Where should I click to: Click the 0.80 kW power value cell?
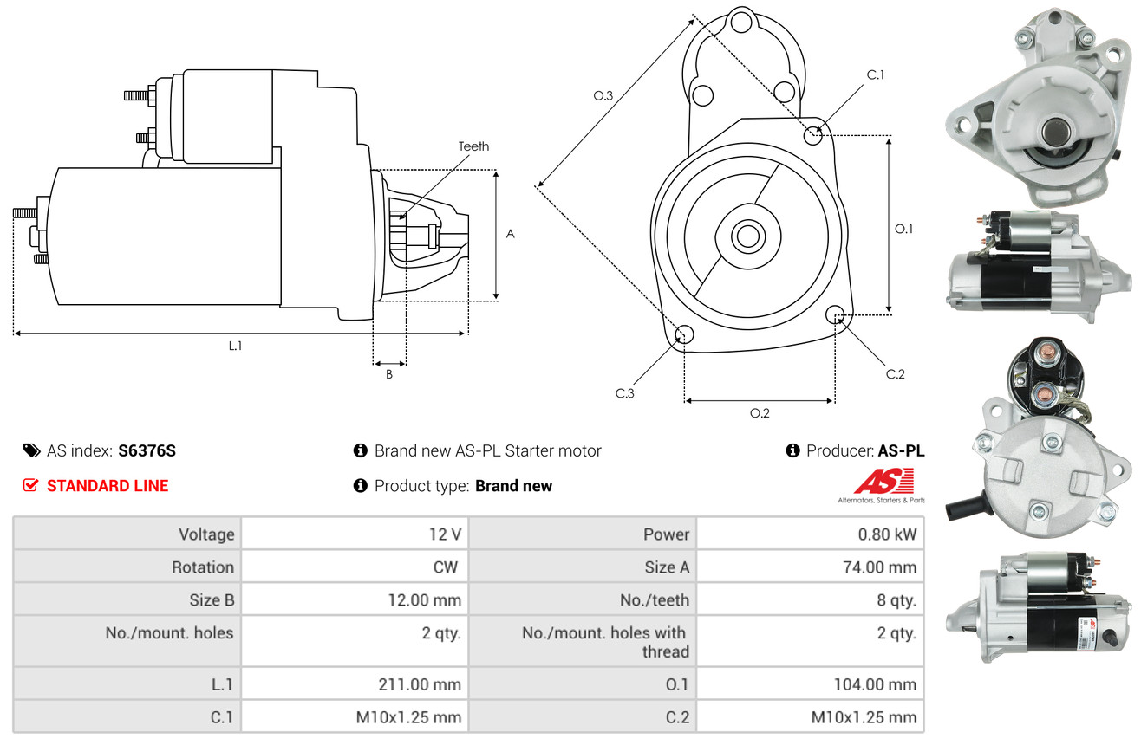tap(887, 534)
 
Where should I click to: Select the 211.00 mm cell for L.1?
tap(420, 684)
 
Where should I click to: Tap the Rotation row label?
tap(203, 567)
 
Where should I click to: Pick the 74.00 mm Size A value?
tap(880, 567)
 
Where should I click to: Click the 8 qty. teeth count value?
tap(896, 600)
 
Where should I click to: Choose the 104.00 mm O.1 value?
tap(875, 684)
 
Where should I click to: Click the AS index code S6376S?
tap(147, 450)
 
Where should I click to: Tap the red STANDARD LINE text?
tap(108, 486)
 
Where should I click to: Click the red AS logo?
tap(883, 482)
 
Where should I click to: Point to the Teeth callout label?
tap(473, 146)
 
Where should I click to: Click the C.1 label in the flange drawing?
tap(876, 74)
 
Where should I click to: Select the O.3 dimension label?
tap(603, 95)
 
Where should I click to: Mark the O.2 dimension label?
tap(760, 413)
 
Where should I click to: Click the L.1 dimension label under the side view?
tap(235, 346)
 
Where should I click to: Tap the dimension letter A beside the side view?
tap(510, 234)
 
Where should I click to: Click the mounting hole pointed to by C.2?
tap(835, 315)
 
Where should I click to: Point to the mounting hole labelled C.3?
tap(684, 334)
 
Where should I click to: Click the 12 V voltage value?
tap(445, 534)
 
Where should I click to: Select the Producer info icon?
tap(792, 450)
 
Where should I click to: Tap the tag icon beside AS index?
tap(31, 450)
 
